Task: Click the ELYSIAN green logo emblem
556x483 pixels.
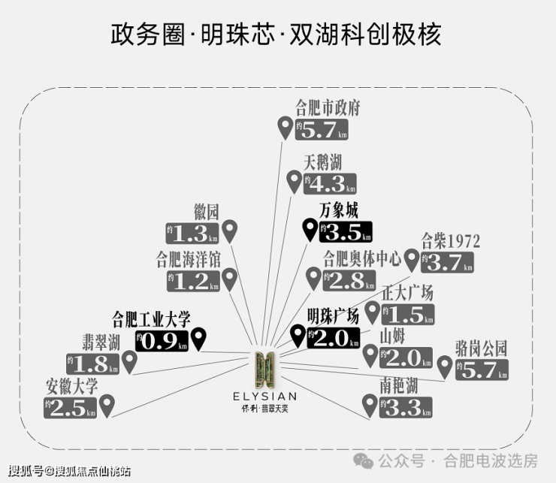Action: [265, 370]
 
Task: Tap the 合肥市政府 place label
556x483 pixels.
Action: [328, 108]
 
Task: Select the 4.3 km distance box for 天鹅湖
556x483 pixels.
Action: [330, 184]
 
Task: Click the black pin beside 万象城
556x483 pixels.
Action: [310, 230]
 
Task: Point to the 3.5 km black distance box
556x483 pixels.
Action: [346, 232]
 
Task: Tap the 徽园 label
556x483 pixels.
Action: [206, 212]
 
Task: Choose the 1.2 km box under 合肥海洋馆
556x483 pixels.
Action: [193, 281]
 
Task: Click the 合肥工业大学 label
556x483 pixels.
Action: [152, 319]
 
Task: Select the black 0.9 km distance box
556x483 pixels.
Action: [162, 341]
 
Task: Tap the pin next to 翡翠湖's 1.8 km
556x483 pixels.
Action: [129, 362]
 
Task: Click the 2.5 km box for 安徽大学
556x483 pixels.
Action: [70, 408]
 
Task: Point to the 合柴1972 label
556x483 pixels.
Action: [450, 241]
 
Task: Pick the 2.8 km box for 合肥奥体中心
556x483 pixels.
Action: [349, 280]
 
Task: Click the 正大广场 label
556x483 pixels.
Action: [407, 293]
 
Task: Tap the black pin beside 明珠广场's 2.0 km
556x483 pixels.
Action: [298, 337]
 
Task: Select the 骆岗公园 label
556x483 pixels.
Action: [481, 349]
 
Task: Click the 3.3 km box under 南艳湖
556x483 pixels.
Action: [406, 407]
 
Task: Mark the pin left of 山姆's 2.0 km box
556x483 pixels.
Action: [370, 356]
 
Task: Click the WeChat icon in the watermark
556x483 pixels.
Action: [363, 460]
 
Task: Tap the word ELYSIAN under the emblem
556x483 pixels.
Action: [265, 396]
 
